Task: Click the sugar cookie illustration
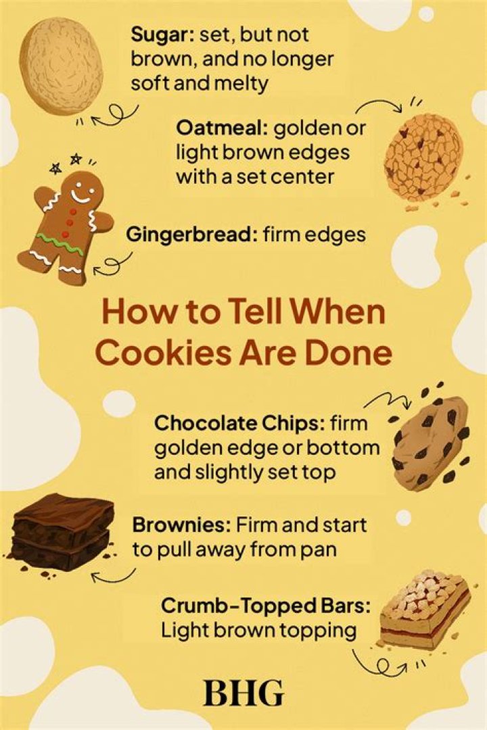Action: (x=62, y=66)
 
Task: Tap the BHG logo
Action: (x=243, y=693)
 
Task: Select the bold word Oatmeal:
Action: (x=221, y=127)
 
